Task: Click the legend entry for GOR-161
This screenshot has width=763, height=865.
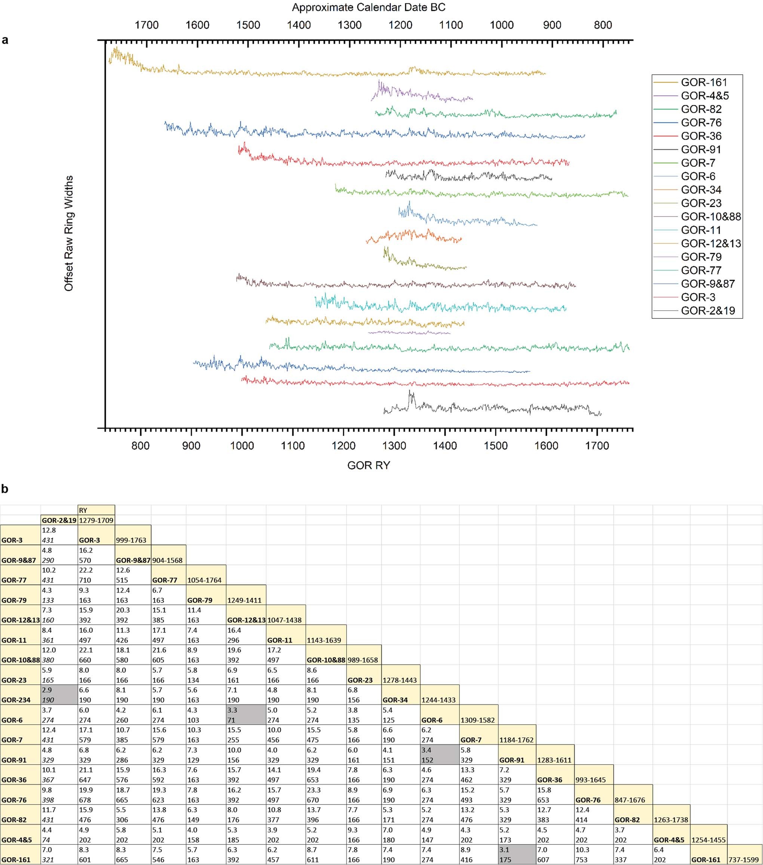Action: pyautogui.click(x=704, y=82)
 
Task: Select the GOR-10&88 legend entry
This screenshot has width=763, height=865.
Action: pyautogui.click(x=710, y=217)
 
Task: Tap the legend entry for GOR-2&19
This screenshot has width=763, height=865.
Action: pyautogui.click(x=708, y=311)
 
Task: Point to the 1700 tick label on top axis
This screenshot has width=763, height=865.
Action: pyautogui.click(x=147, y=25)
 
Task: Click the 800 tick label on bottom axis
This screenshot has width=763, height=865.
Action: pyautogui.click(x=140, y=446)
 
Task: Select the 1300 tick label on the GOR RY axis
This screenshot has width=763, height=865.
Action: pyautogui.click(x=394, y=446)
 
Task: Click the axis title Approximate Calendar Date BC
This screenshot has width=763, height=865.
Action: pyautogui.click(x=369, y=7)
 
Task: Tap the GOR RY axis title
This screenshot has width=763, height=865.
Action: pyautogui.click(x=369, y=465)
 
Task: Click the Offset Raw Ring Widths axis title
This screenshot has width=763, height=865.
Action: pyautogui.click(x=69, y=234)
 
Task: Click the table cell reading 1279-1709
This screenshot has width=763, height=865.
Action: pyautogui.click(x=96, y=520)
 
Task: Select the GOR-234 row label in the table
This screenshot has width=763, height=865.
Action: pyautogui.click(x=16, y=700)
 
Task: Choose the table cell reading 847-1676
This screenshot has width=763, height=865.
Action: pyautogui.click(x=630, y=800)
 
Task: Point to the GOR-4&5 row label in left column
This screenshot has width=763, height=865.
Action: pyautogui.click(x=16, y=840)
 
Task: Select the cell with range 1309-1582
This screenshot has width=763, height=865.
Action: pyautogui.click(x=477, y=720)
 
